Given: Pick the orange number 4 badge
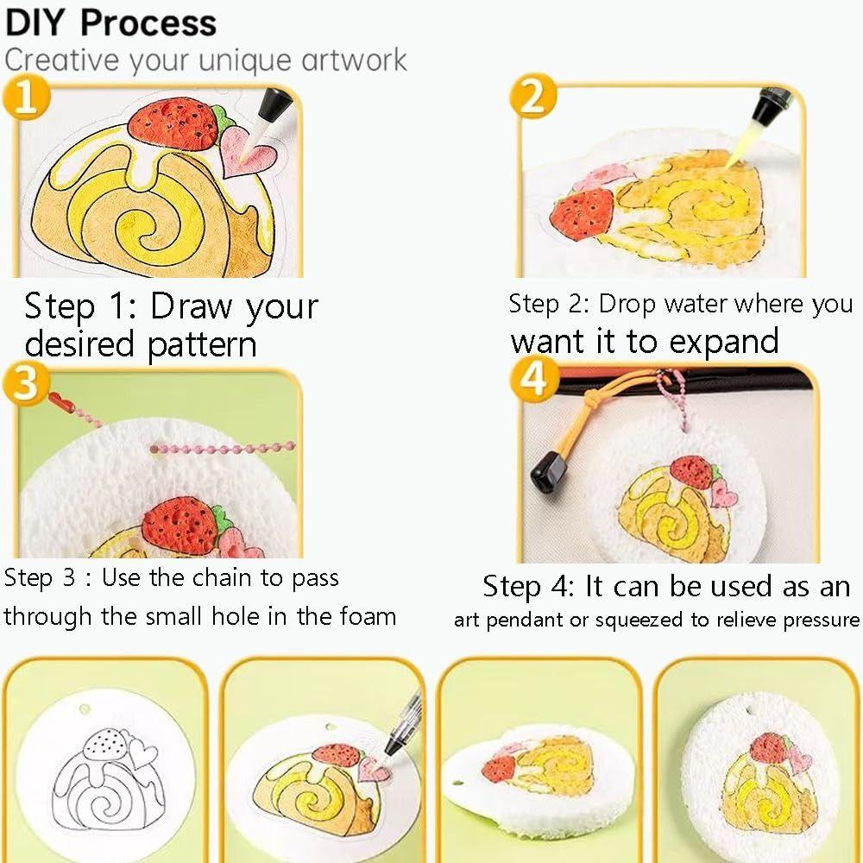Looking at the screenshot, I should point(536,379).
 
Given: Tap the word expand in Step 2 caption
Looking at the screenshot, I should point(722,341).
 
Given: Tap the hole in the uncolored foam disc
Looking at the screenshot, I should point(84,709).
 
